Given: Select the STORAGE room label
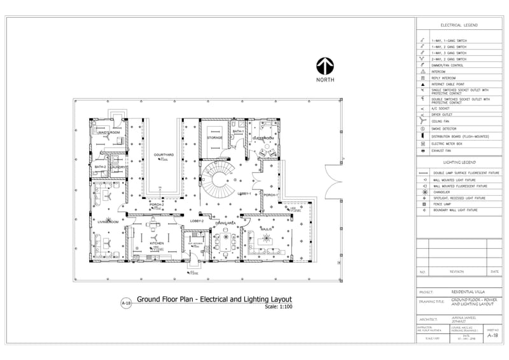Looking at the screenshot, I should coord(214,137).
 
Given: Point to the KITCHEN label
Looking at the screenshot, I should coord(157,244).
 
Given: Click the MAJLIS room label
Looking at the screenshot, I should coord(266,228).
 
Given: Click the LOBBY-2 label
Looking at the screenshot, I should coord(197,221).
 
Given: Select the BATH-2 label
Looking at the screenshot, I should coord(101,167).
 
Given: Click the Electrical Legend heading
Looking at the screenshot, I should coord(459,25).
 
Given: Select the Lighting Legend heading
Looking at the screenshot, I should coord(459,163).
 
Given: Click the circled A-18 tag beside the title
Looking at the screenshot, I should coord(126,303).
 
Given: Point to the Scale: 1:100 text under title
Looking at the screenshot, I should coord(279,307).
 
